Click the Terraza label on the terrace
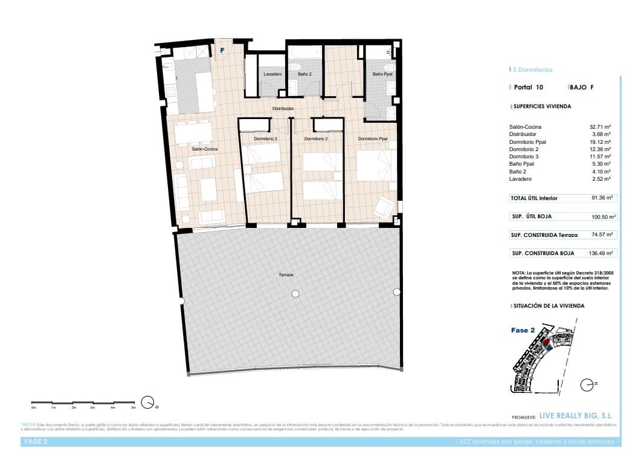[286, 274]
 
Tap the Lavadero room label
[272, 74]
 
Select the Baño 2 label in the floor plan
[304, 74]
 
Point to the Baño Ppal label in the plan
[382, 74]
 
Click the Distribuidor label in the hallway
[283, 109]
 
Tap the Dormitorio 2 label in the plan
[315, 139]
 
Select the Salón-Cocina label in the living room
[205, 149]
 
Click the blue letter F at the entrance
[222, 50]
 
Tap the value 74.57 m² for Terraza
[602, 235]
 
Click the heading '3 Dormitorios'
[532, 70]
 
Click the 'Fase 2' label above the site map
[523, 331]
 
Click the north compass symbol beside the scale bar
[147, 402]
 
